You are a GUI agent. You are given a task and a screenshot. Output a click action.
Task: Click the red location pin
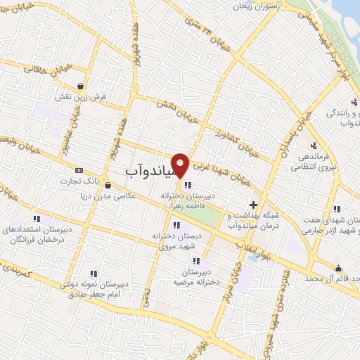181,165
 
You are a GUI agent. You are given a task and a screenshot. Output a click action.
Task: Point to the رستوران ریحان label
259,5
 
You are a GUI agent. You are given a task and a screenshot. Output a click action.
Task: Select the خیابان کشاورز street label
238,141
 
